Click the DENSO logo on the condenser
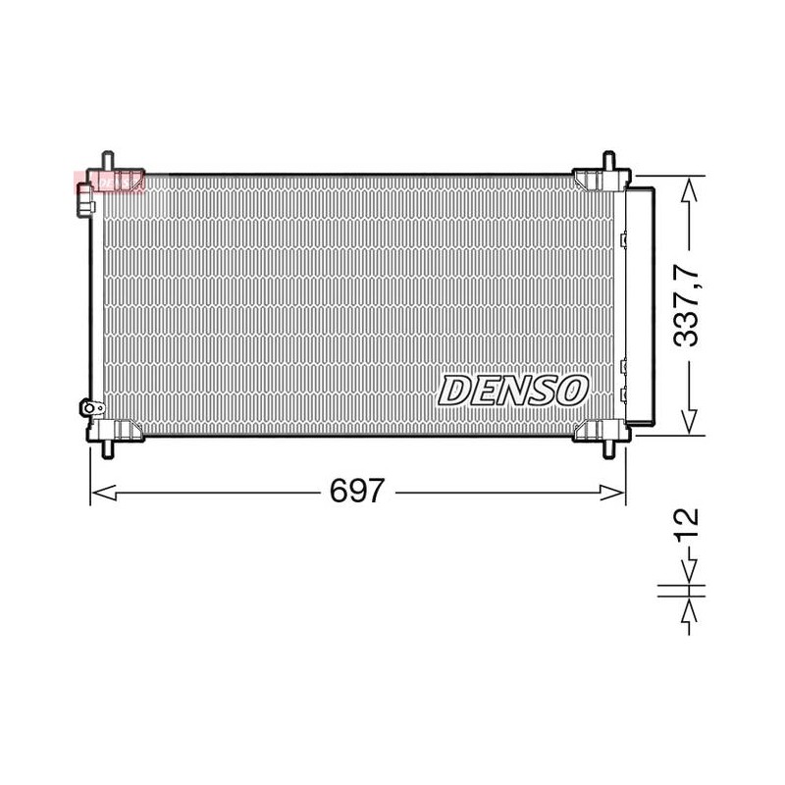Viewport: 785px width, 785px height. click(512, 391)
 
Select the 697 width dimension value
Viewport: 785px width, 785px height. click(357, 491)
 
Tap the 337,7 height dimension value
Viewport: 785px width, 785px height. click(685, 305)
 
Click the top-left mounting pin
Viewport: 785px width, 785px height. click(108, 160)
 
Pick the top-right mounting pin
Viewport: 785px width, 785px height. click(608, 160)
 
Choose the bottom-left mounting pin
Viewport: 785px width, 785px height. click(108, 449)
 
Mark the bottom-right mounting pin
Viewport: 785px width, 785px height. click(608, 449)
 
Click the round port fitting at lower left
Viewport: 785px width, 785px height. click(90, 408)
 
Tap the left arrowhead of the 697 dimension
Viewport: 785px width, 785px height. click(104, 493)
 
